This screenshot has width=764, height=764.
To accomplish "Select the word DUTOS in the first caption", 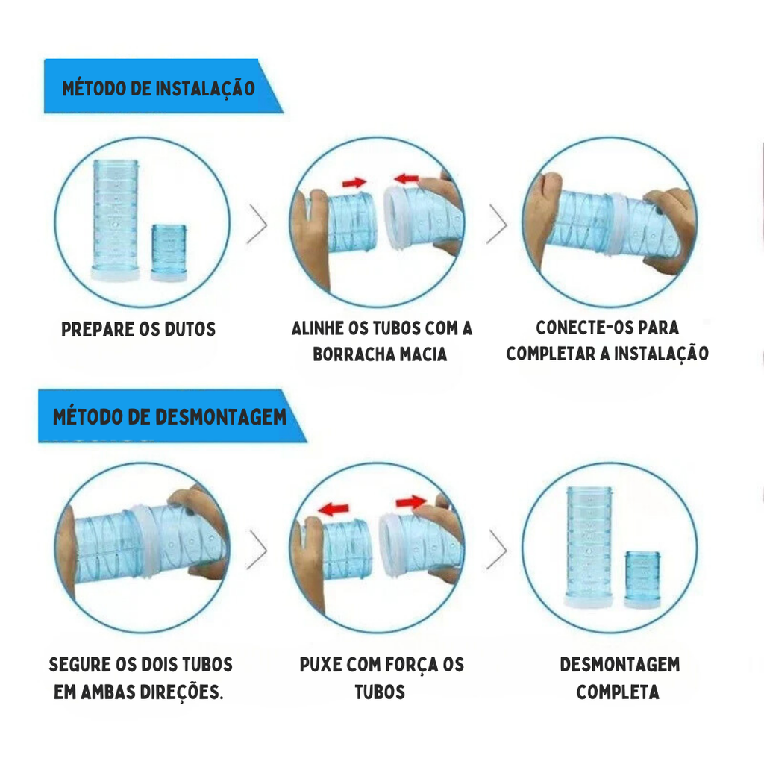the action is pos(190,329).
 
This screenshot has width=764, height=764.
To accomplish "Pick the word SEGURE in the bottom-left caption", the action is pos(79,665).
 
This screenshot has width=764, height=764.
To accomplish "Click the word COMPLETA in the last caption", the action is pos(618,692).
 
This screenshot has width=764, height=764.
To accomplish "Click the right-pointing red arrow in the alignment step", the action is pos(354,183).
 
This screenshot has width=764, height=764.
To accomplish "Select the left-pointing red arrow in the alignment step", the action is pos(407,179).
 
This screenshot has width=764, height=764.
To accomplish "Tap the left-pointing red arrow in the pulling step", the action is pos(334,509).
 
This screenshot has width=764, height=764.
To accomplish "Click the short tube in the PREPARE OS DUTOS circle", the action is pos(169,252).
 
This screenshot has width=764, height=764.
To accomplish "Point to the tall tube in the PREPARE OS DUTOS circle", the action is pos(116,221).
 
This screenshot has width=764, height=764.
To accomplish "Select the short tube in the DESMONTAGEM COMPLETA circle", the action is pos(642,579).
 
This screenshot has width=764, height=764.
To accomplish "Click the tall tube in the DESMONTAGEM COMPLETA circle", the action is pos(589,547).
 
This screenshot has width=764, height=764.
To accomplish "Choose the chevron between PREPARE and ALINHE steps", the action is pos(257,224).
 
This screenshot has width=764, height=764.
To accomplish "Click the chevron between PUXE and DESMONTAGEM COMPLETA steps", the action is pos(497,550).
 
